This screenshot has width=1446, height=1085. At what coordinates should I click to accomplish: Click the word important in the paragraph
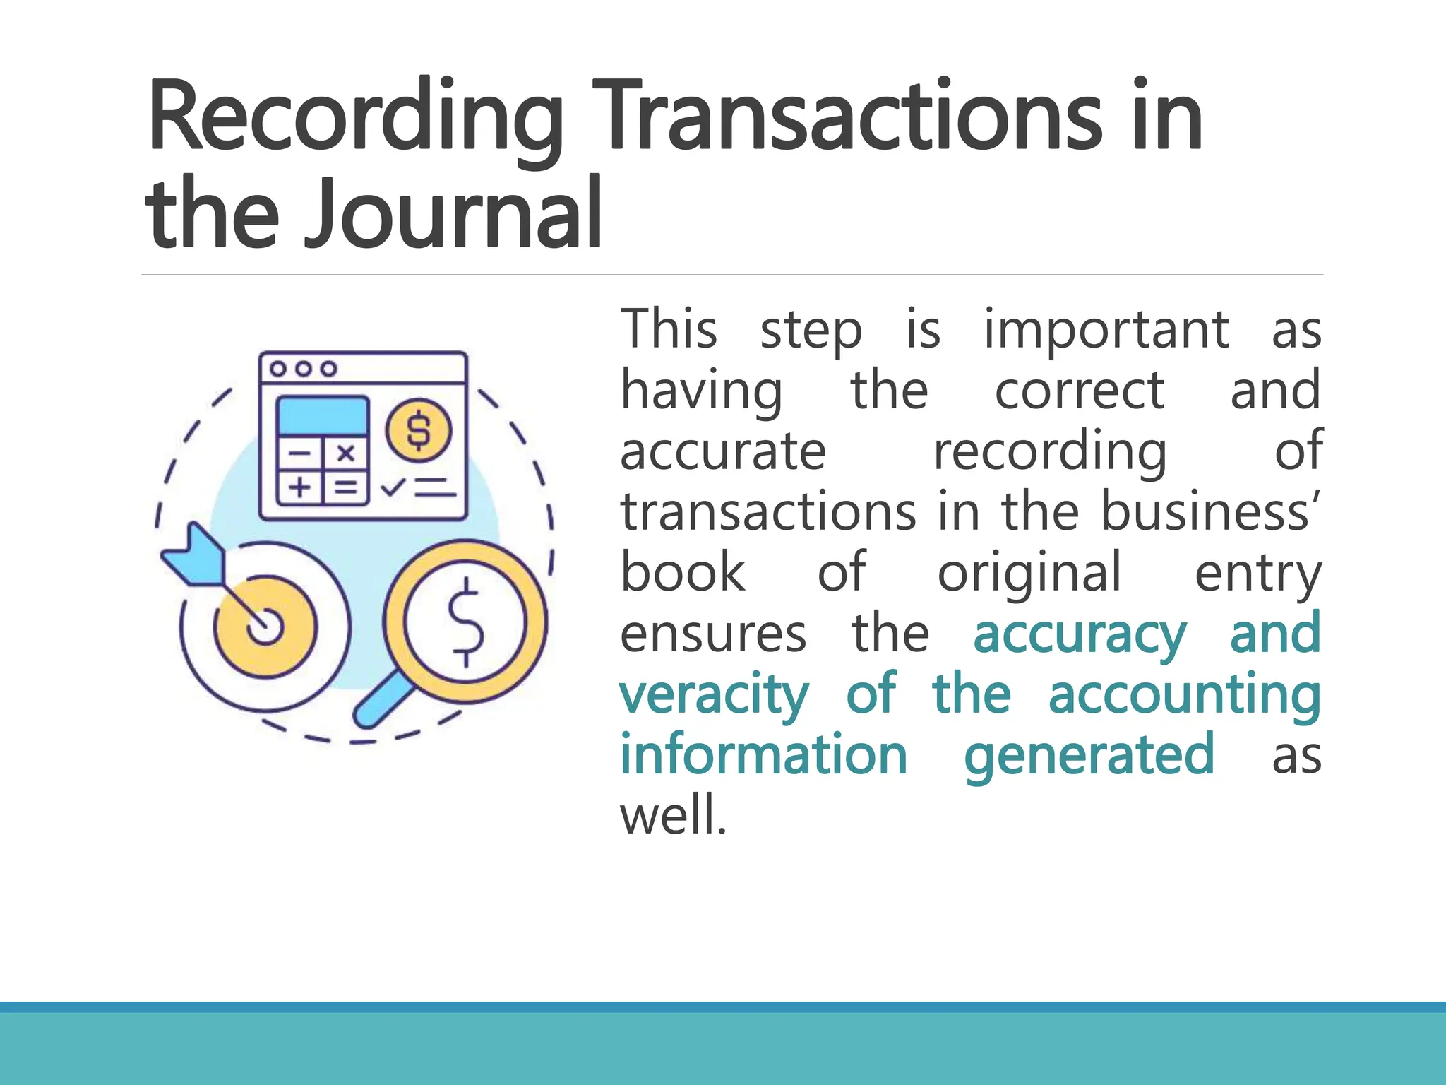click(x=1106, y=330)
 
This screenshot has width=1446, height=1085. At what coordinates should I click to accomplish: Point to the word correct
click(x=1079, y=391)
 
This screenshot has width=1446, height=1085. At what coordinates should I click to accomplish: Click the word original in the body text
click(x=1029, y=572)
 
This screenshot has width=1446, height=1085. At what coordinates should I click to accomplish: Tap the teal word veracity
click(x=714, y=695)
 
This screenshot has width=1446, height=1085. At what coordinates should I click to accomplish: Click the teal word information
click(x=763, y=754)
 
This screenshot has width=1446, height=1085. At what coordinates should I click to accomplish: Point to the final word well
click(x=673, y=816)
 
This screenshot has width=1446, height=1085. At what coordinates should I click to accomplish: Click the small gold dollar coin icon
click(x=419, y=430)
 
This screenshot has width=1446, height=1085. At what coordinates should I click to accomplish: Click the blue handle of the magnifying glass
click(x=382, y=702)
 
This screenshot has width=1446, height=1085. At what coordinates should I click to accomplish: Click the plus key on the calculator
click(x=300, y=487)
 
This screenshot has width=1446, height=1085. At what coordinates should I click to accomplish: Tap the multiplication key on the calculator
click(x=345, y=453)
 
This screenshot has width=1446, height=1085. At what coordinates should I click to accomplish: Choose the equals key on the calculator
click(x=345, y=487)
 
